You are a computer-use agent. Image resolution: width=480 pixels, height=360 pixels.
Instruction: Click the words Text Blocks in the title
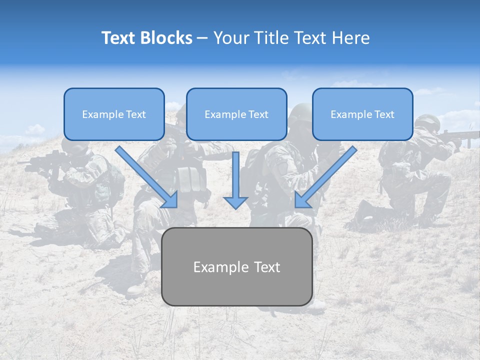[146, 38]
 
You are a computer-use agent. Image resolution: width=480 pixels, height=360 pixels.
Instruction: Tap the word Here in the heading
[351, 38]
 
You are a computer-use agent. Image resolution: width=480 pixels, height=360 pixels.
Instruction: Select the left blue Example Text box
[114, 114]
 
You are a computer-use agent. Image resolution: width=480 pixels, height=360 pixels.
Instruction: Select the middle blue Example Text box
[236, 114]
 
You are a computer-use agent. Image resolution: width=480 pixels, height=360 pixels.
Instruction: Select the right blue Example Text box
[362, 114]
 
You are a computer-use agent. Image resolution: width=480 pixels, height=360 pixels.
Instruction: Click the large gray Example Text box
[236, 266]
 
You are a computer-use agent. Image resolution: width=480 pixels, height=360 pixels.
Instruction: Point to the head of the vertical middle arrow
[235, 202]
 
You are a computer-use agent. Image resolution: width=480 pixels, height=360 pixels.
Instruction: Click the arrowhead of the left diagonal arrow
[170, 200]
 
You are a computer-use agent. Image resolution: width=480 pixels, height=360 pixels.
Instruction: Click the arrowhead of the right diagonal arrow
[302, 200]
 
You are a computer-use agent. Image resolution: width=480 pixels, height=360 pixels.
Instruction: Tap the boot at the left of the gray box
[136, 289]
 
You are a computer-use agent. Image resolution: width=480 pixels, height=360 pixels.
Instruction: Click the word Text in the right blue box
[384, 114]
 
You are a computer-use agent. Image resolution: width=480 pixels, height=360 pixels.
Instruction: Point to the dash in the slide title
[202, 38]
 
